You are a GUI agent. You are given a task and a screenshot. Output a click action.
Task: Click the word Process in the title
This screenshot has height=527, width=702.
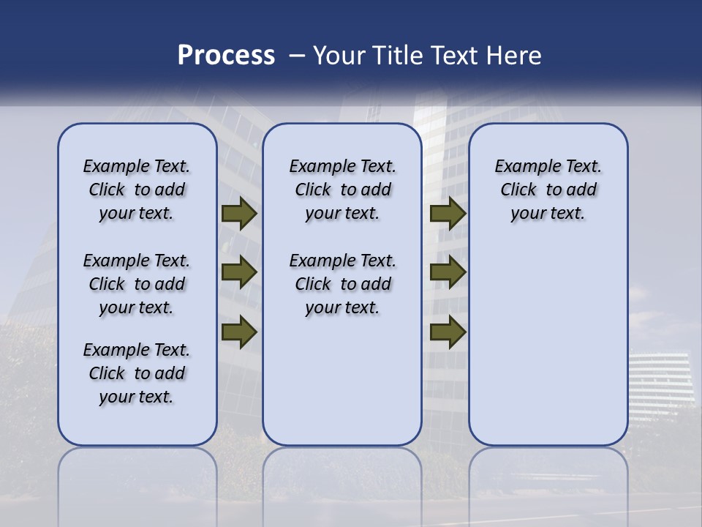tap(226, 56)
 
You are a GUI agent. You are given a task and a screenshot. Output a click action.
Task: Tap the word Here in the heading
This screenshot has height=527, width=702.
tap(512, 56)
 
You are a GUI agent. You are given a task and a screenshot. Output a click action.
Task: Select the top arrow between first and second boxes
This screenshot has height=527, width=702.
tap(238, 214)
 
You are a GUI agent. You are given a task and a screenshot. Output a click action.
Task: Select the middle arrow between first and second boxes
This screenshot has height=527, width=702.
tap(238, 273)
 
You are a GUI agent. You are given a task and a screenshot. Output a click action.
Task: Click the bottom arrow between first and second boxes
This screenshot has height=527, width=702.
tap(238, 332)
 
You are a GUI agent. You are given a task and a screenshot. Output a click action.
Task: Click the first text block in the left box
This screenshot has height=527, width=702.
tap(137, 190)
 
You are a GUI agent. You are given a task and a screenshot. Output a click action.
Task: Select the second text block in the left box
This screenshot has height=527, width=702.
tap(137, 284)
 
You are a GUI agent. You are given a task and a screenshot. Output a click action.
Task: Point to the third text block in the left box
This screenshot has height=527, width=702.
tap(137, 373)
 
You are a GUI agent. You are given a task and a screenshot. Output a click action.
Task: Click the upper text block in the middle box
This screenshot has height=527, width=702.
tap(342, 190)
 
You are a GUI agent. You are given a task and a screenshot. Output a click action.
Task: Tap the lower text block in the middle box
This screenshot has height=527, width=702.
tap(342, 284)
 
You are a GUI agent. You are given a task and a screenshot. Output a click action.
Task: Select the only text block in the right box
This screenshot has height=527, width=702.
tap(548, 190)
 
